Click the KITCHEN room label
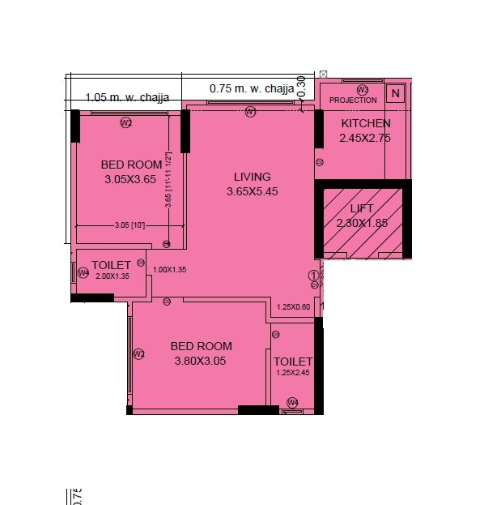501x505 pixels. (x=365, y=124)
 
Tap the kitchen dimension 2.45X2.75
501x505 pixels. (x=365, y=139)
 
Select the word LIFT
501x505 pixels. (x=362, y=209)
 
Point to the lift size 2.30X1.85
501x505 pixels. (x=363, y=223)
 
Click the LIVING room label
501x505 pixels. (x=252, y=177)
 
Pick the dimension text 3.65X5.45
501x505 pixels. (x=252, y=192)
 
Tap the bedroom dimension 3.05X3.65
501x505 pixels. (x=129, y=179)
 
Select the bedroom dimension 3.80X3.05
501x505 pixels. (x=202, y=361)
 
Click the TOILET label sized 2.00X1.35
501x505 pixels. (x=111, y=266)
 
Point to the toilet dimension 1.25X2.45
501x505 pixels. (x=292, y=374)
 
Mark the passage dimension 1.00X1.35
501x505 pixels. (x=170, y=270)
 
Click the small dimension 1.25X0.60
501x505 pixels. (x=293, y=307)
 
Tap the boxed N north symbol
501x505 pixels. (x=395, y=93)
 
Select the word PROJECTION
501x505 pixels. (x=353, y=101)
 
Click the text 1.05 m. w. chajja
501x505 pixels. (x=127, y=98)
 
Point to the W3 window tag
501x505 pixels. (x=363, y=90)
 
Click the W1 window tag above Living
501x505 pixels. (x=251, y=112)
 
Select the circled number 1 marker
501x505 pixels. (x=313, y=276)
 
